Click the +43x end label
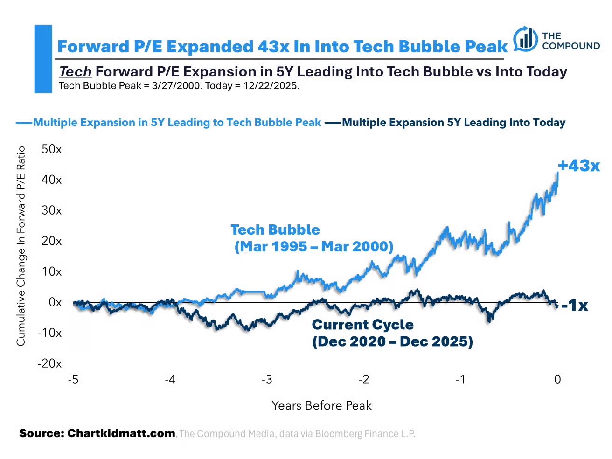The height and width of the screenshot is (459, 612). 578,166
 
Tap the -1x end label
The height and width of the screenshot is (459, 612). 574,306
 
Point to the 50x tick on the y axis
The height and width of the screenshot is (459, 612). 51,149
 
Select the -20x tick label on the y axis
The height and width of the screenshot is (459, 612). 49,363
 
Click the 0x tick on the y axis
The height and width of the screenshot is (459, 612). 55,302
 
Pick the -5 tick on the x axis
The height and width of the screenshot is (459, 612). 73,380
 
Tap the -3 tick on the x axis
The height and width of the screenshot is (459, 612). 267,380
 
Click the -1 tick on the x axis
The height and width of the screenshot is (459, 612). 460,380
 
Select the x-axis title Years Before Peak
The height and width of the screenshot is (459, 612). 321,405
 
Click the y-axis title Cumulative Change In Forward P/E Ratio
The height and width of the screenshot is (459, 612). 21,246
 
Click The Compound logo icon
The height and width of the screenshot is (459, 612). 526,40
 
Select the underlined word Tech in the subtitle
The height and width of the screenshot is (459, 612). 75,72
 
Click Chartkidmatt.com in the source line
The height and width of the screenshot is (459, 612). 121,433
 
